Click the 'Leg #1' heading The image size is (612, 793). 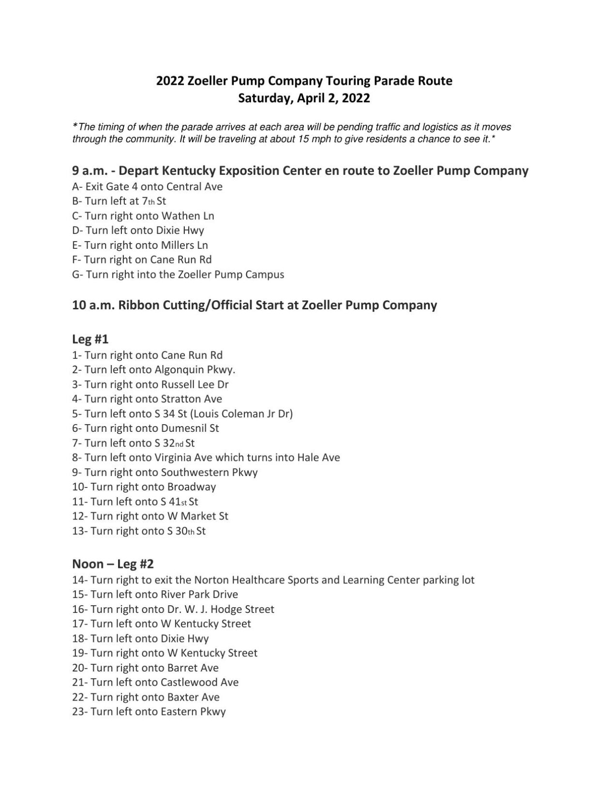[90, 339]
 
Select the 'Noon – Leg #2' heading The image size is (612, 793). [113, 564]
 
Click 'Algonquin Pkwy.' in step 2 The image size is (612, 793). [195, 370]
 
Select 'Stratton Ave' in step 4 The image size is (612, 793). [191, 399]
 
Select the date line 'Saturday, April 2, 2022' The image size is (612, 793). [304, 98]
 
